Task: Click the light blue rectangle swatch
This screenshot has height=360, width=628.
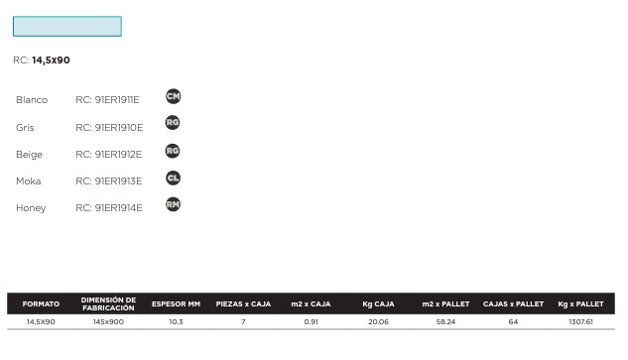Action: (x=67, y=27)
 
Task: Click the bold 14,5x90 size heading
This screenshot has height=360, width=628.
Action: (x=51, y=60)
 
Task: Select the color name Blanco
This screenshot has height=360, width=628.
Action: (x=32, y=100)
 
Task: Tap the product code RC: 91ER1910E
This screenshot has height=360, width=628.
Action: (x=109, y=127)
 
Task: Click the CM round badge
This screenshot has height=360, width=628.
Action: (x=173, y=96)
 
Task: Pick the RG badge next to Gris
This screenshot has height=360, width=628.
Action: (x=173, y=123)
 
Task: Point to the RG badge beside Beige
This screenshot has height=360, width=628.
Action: (x=173, y=151)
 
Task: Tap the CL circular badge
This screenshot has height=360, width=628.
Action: (x=173, y=178)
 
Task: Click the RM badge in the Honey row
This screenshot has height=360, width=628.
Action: (x=173, y=204)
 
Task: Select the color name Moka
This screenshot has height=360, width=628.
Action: (x=29, y=181)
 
